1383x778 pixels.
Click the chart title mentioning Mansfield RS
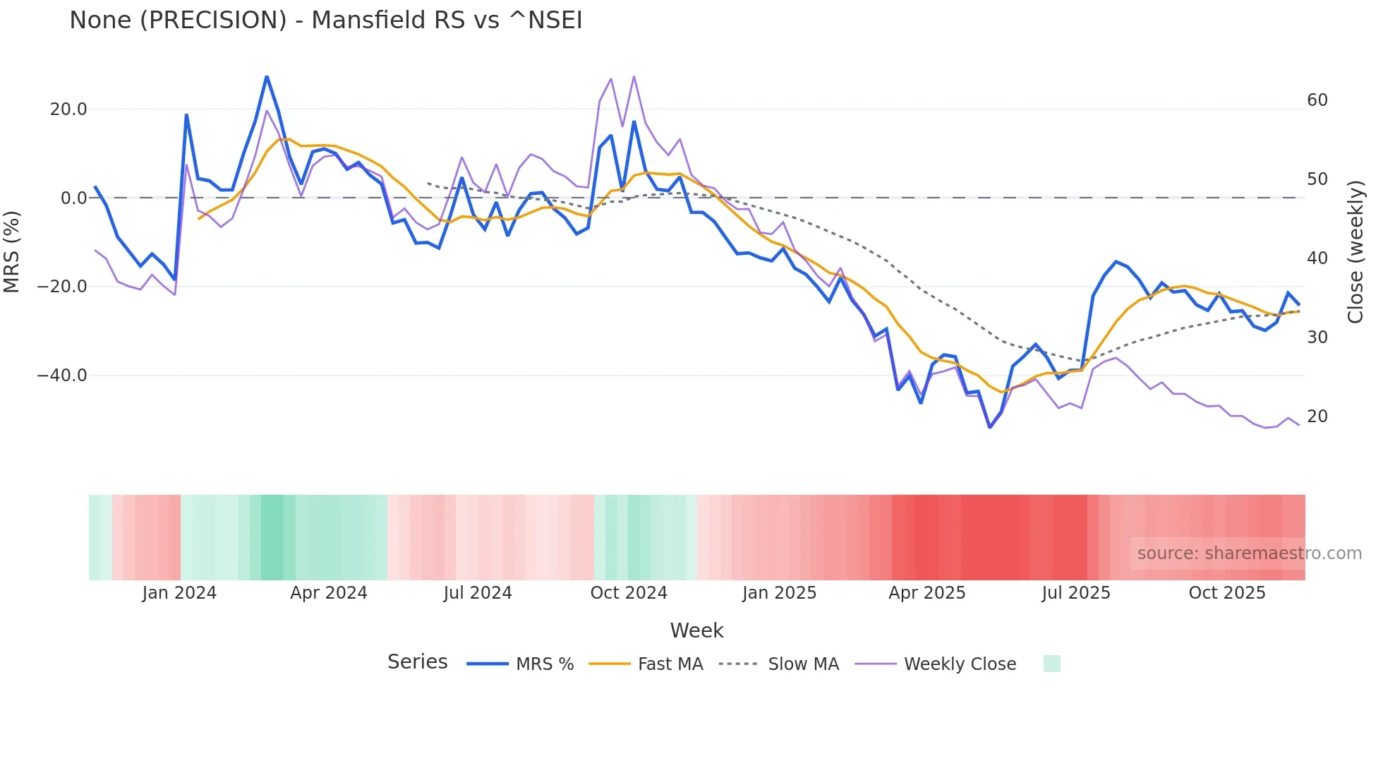325,20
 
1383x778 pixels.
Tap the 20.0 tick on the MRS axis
68,109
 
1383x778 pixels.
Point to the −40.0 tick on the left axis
62,376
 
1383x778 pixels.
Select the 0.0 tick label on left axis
73,198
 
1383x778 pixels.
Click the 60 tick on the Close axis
1317,100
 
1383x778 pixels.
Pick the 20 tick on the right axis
1317,417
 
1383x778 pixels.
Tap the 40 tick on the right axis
1317,258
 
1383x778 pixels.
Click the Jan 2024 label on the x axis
179,593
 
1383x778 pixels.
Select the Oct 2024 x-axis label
629,593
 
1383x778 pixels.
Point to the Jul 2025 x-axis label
1075,593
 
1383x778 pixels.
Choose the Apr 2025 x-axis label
926,593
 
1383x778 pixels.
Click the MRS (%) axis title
12,251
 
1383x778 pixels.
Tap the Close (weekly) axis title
1355,252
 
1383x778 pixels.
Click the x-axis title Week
696,630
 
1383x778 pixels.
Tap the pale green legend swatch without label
1051,664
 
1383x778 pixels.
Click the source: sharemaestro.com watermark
1249,553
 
